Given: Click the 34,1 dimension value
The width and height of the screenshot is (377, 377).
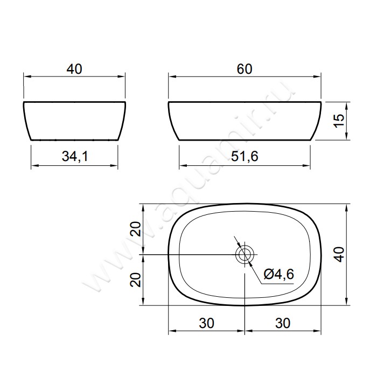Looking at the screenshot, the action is point(75,156).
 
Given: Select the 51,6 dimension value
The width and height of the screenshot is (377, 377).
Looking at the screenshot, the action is point(245,156).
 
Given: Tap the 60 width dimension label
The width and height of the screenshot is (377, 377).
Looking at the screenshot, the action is point(245,69).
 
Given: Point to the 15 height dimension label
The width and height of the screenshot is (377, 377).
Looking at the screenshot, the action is point(339,121).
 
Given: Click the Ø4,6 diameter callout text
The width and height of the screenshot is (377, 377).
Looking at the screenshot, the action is point(278,274).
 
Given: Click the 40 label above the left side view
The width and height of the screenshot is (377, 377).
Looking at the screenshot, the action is point(74,69).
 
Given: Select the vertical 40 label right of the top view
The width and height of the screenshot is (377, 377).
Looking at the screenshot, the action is point(339,254).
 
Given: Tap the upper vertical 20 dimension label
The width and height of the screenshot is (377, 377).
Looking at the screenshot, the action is point(135,229).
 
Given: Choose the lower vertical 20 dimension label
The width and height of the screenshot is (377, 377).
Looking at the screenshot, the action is point(135,280).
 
